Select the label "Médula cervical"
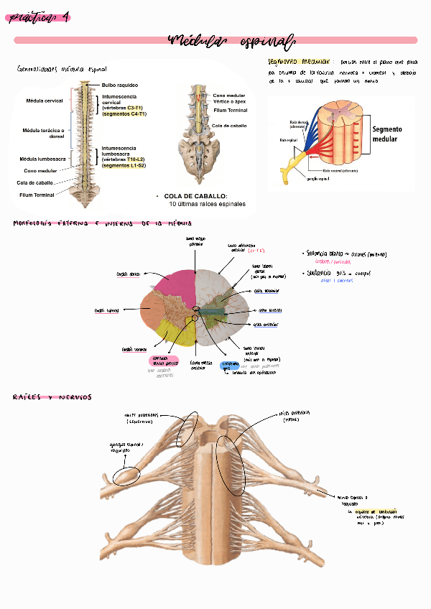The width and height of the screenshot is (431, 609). pyautogui.click(x=44, y=101)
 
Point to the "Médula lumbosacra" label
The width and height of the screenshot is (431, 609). pyautogui.click(x=42, y=159)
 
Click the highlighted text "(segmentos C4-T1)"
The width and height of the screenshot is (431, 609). pyautogui.click(x=124, y=114)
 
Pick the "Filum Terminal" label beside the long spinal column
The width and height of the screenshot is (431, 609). pyautogui.click(x=37, y=195)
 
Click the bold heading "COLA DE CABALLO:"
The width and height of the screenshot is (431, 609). pyautogui.click(x=195, y=196)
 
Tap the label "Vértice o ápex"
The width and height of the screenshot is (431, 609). pyautogui.click(x=230, y=102)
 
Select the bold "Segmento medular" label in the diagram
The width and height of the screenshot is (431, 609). pyautogui.click(x=387, y=134)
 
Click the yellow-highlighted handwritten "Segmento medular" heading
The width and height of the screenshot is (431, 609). pyautogui.click(x=297, y=62)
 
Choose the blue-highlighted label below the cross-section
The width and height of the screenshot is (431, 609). pyautogui.click(x=229, y=366)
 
